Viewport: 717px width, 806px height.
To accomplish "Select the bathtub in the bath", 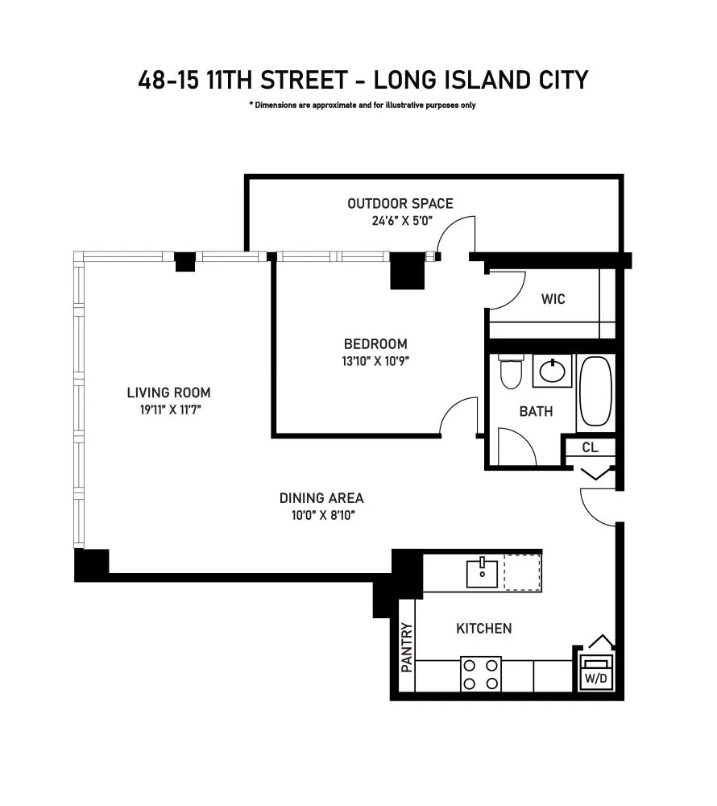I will [x=595, y=391].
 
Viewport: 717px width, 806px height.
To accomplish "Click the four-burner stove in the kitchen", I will [x=481, y=674].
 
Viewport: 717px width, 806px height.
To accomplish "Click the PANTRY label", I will [x=407, y=647].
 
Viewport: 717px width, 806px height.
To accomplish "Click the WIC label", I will [x=553, y=299].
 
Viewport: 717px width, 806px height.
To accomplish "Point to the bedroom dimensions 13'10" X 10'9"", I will [x=375, y=360].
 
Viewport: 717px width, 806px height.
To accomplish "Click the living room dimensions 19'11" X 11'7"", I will [x=168, y=409].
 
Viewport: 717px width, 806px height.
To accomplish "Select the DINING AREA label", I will [x=321, y=498].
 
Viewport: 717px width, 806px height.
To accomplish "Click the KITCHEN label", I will [x=483, y=628].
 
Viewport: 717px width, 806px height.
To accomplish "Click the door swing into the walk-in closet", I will [x=504, y=292].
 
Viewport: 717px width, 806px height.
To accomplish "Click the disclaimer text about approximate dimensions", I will [x=362, y=106].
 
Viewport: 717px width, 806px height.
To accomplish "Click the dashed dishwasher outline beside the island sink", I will [x=522, y=573].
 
